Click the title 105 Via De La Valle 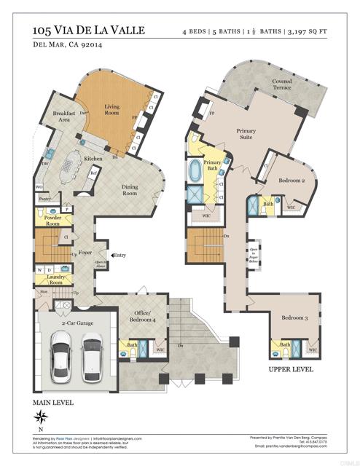[89, 31]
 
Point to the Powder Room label [52, 221]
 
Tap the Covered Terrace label [281, 84]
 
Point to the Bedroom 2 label [291, 178]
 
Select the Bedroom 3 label [295, 318]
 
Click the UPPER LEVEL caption [291, 370]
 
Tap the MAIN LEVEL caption [53, 402]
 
